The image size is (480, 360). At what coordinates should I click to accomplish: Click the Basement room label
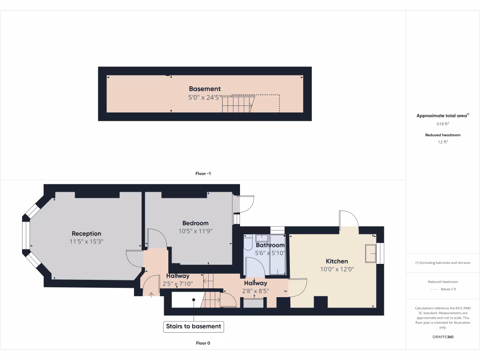[205, 89]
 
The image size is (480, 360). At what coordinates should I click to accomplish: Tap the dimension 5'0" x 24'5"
[205, 98]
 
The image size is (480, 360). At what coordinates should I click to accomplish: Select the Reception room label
[86, 233]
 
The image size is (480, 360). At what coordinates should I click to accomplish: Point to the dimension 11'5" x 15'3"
[86, 242]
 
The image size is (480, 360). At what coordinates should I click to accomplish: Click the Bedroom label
[195, 223]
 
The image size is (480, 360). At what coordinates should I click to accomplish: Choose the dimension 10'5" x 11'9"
[195, 231]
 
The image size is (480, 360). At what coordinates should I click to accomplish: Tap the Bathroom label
[270, 245]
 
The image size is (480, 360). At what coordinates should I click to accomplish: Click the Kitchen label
[337, 261]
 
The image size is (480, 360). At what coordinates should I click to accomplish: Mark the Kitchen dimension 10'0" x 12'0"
[337, 270]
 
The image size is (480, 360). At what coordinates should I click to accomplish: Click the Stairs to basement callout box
[193, 326]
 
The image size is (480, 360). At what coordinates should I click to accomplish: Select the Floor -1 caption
[203, 173]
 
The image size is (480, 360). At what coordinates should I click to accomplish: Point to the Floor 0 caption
[203, 343]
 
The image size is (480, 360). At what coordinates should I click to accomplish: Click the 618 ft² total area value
[443, 124]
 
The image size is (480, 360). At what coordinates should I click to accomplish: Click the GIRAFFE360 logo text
[443, 337]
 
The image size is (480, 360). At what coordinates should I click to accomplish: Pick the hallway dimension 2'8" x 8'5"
[255, 291]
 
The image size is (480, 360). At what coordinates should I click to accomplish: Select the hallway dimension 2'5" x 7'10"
[178, 284]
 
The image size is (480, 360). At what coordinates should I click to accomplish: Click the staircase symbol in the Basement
[238, 104]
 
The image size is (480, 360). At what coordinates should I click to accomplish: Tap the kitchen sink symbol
[371, 254]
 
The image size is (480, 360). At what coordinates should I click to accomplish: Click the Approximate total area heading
[442, 115]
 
